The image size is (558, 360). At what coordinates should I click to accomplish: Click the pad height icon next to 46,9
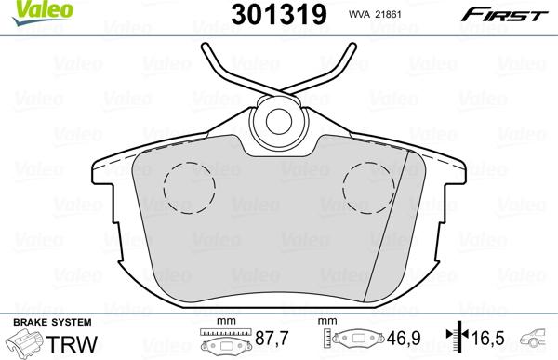pos(357,341)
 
